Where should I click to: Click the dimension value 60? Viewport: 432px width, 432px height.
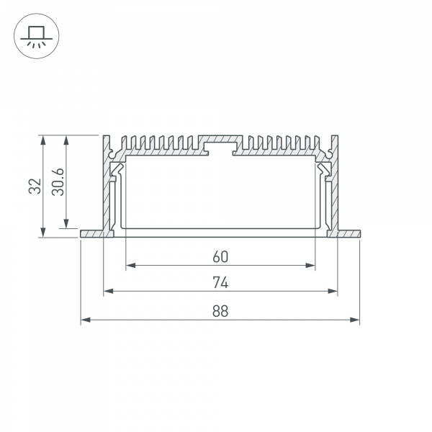coord(220,256)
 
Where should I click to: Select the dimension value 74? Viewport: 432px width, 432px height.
coord(220,282)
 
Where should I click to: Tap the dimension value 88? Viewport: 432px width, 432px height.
coord(220,310)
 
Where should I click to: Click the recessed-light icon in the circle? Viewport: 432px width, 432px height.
coord(35,35)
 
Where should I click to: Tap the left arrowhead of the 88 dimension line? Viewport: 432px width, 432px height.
coord(84,319)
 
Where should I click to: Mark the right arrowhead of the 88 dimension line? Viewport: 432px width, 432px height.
coord(356,319)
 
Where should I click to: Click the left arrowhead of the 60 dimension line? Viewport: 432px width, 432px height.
coord(130,266)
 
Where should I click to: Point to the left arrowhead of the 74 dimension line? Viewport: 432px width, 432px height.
coord(108,292)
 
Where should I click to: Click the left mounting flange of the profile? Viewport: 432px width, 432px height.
coord(91,234)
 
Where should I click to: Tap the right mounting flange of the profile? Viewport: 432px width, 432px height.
coord(348,234)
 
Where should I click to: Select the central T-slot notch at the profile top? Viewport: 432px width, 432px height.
coord(220,147)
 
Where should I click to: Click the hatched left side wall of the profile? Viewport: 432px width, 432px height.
coord(109,194)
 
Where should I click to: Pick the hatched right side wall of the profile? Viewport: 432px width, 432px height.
coord(332,194)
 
